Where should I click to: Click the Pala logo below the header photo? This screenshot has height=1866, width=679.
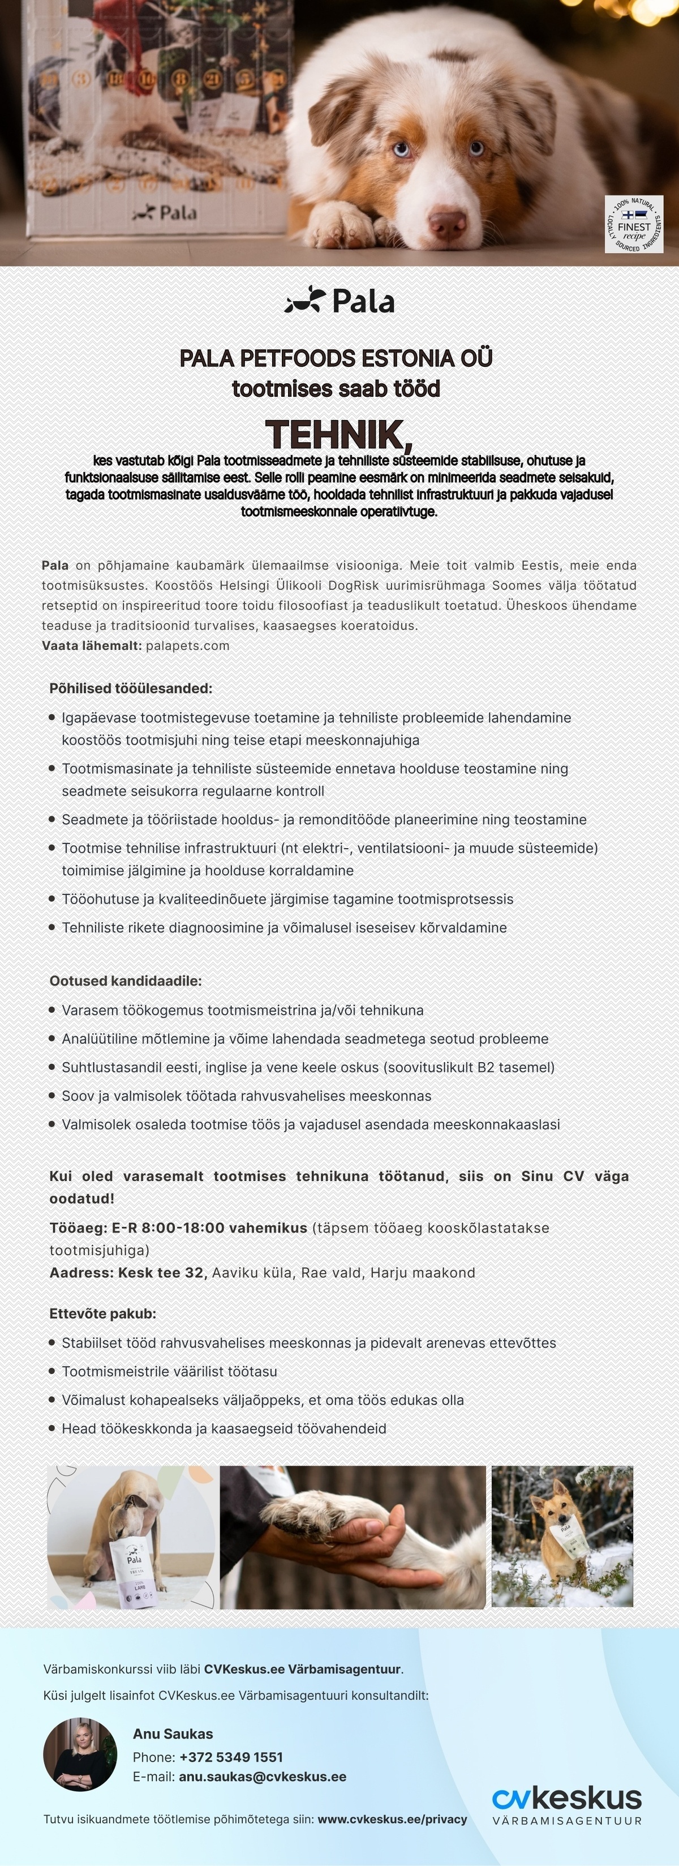point(339,301)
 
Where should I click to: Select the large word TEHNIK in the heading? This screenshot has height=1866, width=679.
point(339,434)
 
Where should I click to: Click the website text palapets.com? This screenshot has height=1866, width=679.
point(187,645)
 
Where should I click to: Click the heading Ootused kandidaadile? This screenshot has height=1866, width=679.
point(125,981)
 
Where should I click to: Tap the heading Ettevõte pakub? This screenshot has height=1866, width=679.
point(103,1313)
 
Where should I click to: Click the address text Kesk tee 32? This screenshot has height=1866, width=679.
point(162,1273)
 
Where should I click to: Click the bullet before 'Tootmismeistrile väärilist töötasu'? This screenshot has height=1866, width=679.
point(52,1371)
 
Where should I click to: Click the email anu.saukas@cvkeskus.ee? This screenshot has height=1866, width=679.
point(262,1777)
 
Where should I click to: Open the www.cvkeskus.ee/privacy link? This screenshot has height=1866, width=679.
point(392,1819)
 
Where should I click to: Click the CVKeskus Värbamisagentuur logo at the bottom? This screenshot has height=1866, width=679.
point(567,1805)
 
